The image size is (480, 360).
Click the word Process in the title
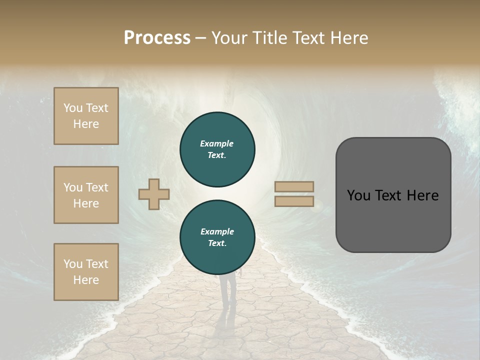pos(157,38)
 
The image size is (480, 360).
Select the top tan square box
pos(86,116)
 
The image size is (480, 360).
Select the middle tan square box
pos(86,195)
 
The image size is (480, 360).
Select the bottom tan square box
pos(86,271)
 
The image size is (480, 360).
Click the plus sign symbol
pos(154,194)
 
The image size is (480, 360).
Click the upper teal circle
pos(217,149)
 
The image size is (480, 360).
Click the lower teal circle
pos(217,237)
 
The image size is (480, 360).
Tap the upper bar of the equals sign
pos(294,187)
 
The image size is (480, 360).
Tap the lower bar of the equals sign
pos(294,201)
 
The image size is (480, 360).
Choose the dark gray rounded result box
pos(393,220)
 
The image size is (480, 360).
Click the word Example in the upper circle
pos(217,143)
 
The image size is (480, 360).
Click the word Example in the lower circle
pos(217,231)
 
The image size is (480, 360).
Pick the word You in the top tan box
pos(72,108)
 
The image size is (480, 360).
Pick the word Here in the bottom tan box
pos(86,280)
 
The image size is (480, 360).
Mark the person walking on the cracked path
pos(227,292)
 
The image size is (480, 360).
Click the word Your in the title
pos(230,38)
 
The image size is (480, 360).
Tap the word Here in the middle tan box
pos(86,203)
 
